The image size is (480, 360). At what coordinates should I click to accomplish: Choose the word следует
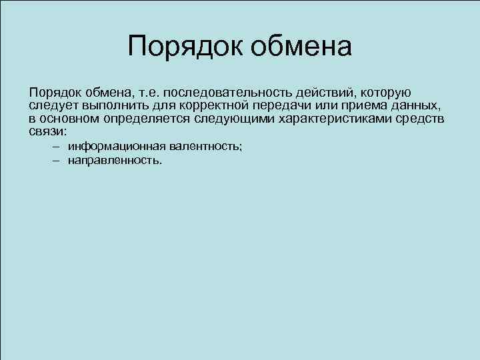pos(53,106)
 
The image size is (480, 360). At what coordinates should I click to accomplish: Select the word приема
pos(359,106)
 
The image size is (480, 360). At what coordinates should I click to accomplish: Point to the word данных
pos(415,106)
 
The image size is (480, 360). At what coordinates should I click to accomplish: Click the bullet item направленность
pos(114,161)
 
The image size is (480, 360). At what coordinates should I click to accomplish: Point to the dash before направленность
pos(55,161)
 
